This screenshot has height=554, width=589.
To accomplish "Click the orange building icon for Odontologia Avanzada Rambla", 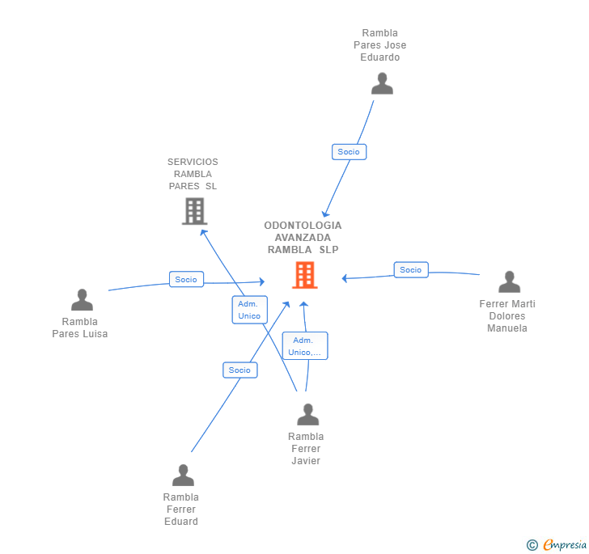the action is (x=304, y=275).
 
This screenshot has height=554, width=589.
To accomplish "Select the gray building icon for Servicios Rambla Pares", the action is (x=194, y=211).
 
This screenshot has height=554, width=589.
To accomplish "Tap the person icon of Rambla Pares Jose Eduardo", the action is (x=382, y=83).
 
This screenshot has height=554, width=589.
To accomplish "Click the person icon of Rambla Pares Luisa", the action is (x=82, y=300).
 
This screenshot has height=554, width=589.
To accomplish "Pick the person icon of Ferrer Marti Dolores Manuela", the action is (x=509, y=282).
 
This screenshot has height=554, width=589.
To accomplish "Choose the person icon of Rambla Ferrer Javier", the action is (x=307, y=415).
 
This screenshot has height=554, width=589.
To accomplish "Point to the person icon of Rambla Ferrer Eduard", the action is (x=183, y=476).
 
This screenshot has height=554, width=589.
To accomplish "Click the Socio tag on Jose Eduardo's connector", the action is (x=349, y=152).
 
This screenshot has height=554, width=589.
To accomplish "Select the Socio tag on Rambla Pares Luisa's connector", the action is (x=186, y=280).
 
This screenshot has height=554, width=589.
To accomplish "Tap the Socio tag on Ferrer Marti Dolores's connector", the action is (x=411, y=270).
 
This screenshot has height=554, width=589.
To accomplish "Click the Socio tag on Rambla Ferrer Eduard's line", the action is (x=239, y=370).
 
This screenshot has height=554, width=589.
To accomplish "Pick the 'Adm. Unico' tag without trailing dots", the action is (x=249, y=310).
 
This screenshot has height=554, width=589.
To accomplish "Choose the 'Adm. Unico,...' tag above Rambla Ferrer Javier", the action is (x=305, y=346).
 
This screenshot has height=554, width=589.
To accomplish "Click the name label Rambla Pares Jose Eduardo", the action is (x=380, y=45).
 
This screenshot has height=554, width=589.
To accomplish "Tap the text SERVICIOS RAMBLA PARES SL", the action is (x=193, y=174).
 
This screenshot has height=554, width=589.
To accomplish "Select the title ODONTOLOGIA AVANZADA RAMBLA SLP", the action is (x=303, y=238).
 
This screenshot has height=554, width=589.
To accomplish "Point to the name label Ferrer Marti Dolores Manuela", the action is (x=507, y=316).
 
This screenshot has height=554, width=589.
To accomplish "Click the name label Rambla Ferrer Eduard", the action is (x=181, y=510).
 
